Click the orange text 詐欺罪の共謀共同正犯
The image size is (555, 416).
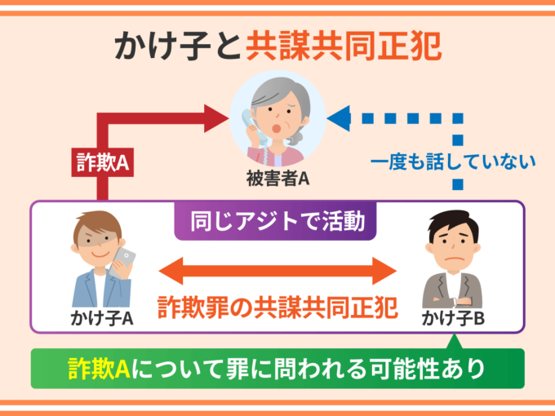(277, 306)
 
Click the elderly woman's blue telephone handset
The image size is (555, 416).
(249, 122)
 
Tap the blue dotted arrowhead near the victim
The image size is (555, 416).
(339, 120)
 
